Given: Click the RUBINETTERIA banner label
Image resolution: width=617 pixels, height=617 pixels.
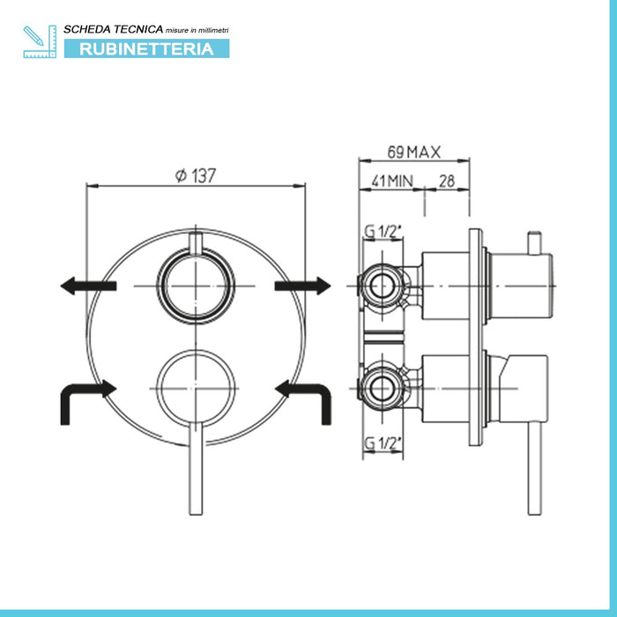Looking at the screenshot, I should pos(146,48).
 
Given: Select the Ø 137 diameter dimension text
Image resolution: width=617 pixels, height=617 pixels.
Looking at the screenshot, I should pos(196,175).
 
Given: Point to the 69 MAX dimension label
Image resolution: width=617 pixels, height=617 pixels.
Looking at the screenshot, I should pos(413,152).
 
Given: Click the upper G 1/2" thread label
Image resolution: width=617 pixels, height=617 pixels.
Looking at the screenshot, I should pos(383,233).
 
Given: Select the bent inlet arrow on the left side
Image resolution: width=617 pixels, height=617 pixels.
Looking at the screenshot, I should pos(85,398).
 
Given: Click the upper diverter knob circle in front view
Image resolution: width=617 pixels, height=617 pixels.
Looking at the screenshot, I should pos(196,287).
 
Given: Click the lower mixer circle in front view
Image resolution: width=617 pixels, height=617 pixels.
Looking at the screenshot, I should pos(196,385).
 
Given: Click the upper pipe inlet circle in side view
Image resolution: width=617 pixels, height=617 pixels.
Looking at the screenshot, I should pos(383,286).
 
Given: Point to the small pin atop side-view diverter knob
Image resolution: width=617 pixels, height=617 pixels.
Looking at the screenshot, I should pos(532,242).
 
